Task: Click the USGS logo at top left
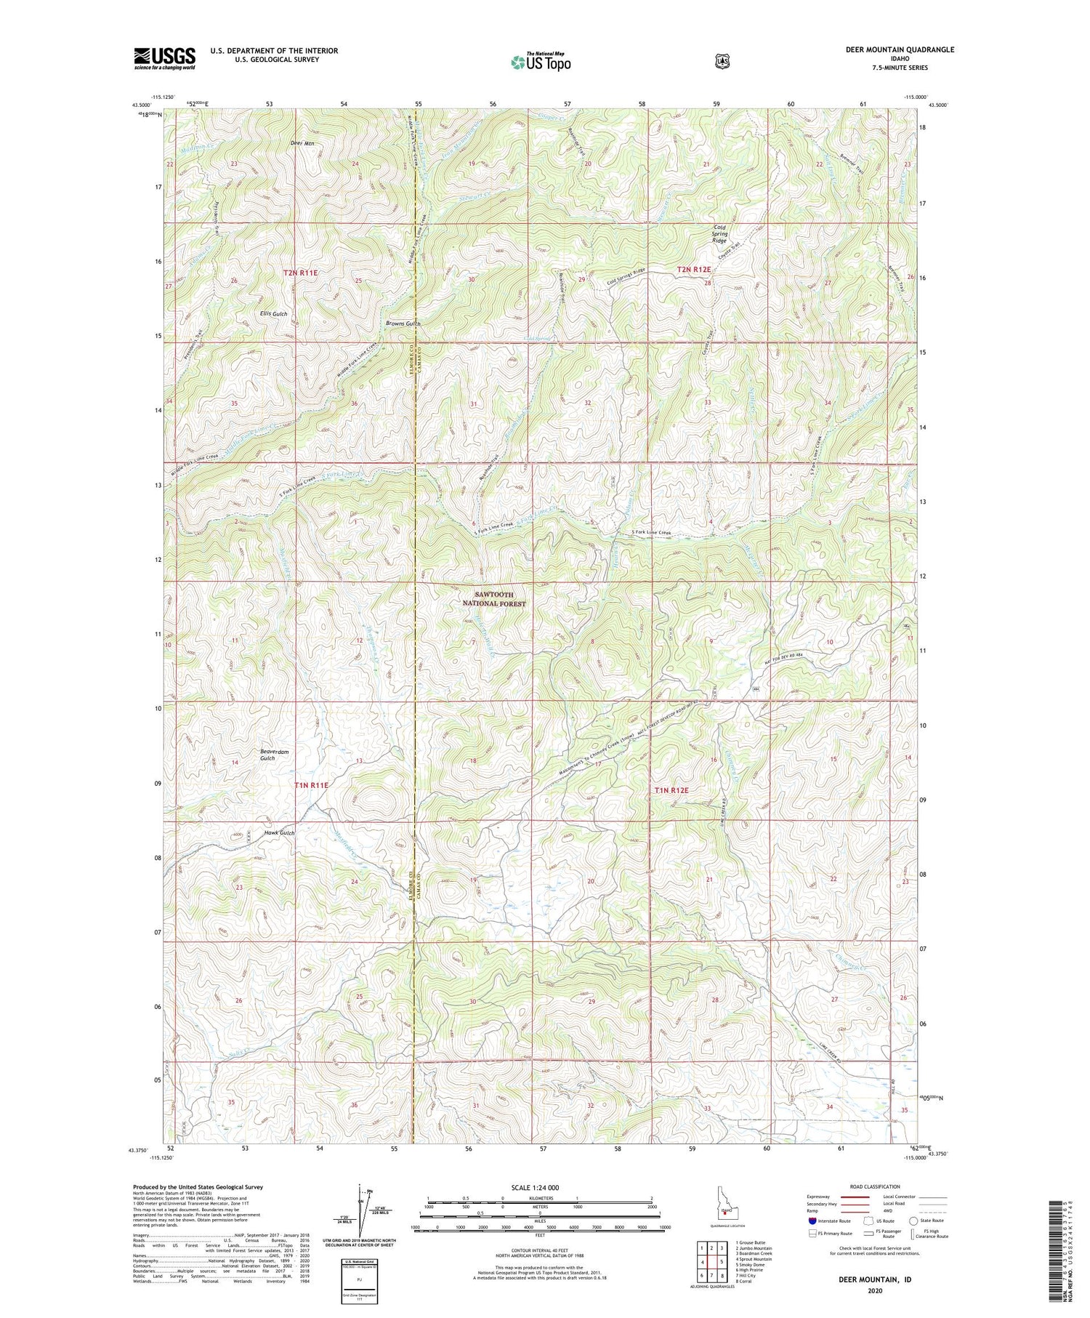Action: tap(164, 58)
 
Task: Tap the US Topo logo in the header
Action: tap(541, 62)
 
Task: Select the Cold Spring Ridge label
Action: tap(719, 233)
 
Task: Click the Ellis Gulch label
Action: tap(274, 313)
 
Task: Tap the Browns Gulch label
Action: tap(403, 323)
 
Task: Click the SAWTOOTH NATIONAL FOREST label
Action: tap(494, 598)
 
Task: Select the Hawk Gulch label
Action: tap(279, 832)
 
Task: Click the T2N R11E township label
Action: tap(300, 272)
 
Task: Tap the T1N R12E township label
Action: tap(671, 789)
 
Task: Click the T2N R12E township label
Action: tap(693, 269)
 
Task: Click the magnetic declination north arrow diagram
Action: tap(361, 1210)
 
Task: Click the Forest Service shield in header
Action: tap(722, 62)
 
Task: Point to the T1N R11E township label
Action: tap(312, 785)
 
